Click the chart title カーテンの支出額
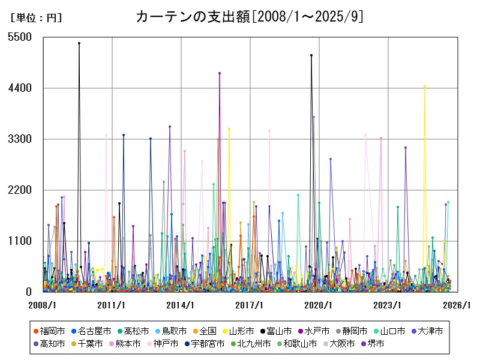[250, 16]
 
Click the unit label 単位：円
[36, 17]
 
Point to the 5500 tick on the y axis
[20, 37]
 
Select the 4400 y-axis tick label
[20, 88]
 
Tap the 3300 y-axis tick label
[20, 139]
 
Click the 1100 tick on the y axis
[20, 241]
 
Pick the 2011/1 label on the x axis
[112, 305]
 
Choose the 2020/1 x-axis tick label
[319, 305]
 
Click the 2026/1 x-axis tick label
[457, 305]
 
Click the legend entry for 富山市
[280, 331]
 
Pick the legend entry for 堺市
[373, 344]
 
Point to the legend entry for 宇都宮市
[206, 344]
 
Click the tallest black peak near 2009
[79, 43]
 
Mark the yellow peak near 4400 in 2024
[424, 86]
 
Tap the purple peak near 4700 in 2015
[220, 73]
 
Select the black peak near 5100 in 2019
[311, 55]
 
